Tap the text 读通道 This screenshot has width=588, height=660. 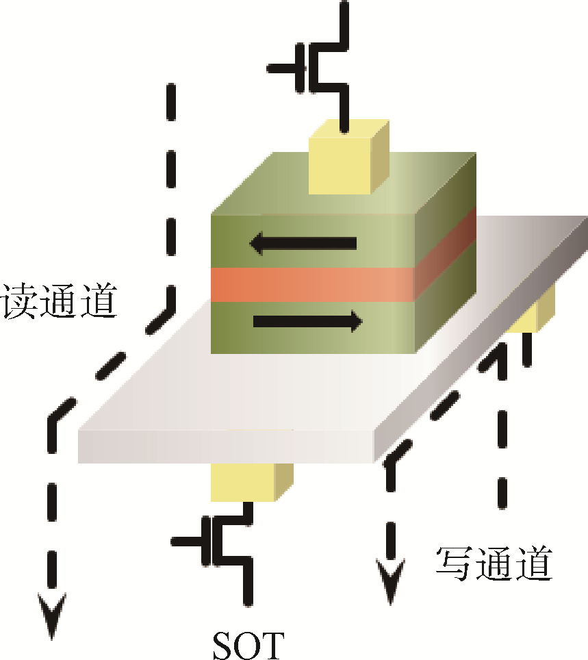(x=58, y=302)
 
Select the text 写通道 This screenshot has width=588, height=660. (x=493, y=563)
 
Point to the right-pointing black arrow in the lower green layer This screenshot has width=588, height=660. (x=307, y=320)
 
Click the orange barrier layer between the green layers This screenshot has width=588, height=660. (x=312, y=284)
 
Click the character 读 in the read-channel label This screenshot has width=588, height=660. (x=20, y=302)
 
